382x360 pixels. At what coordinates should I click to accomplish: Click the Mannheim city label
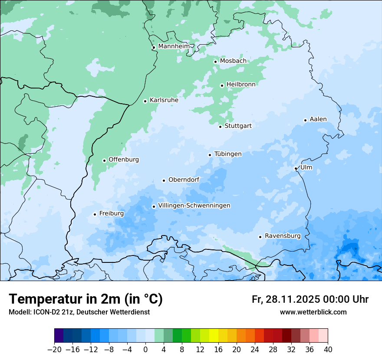pos(174,46)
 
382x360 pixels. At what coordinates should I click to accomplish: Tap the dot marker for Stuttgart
pos(220,127)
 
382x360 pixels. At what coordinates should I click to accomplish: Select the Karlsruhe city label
pos(164,100)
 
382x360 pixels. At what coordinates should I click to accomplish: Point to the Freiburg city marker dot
pos(95,214)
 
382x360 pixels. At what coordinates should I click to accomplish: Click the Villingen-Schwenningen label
pos(194,206)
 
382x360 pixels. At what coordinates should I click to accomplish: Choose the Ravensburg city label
pos(283,236)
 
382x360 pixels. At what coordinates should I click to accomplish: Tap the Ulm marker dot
pos(296,168)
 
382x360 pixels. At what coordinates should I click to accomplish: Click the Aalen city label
pos(318,119)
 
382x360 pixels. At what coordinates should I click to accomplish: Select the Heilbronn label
pos(241,85)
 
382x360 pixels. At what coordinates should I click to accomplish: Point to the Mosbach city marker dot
pos(215,62)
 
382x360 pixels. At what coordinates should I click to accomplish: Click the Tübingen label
pos(228,154)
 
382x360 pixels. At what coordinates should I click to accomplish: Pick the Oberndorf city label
pos(184,180)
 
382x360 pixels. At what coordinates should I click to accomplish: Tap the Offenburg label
pos(124,160)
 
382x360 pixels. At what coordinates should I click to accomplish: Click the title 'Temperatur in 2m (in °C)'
pos(86,299)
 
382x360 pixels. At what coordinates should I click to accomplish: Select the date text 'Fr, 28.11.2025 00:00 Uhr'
pos(310,299)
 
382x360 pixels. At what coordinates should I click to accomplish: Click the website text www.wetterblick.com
pos(313,312)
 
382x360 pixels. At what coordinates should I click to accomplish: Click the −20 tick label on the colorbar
pos(54,350)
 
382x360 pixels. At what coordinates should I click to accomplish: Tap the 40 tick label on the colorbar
pos(328,350)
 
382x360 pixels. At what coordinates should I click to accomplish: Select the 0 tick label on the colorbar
pos(145,350)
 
